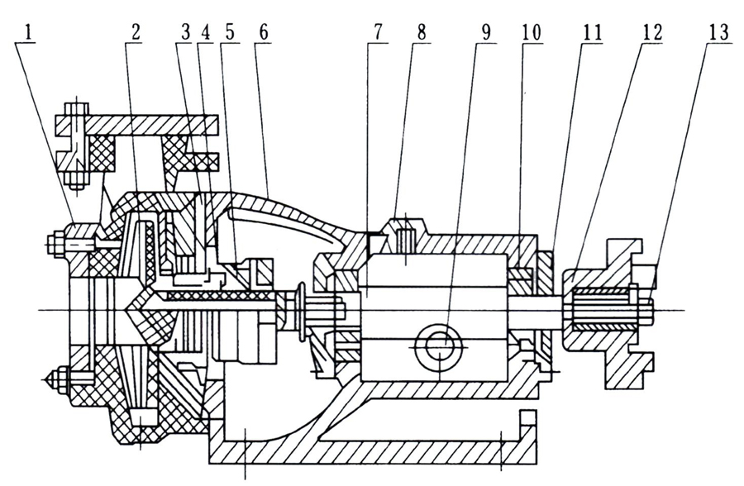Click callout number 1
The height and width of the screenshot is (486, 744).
pyautogui.click(x=31, y=32)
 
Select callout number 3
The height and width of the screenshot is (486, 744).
pyautogui.click(x=185, y=32)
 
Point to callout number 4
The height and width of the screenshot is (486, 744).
pyautogui.click(x=206, y=32)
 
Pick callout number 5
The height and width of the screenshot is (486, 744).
pyautogui.click(x=229, y=32)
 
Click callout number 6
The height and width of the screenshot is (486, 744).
pyautogui.click(x=263, y=32)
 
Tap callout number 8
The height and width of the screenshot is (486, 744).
pyautogui.click(x=422, y=32)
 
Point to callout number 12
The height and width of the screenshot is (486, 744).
pyautogui.click(x=652, y=32)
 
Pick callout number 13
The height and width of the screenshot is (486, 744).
pyautogui.click(x=718, y=32)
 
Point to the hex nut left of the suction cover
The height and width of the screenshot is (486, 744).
pyautogui.click(x=55, y=244)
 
